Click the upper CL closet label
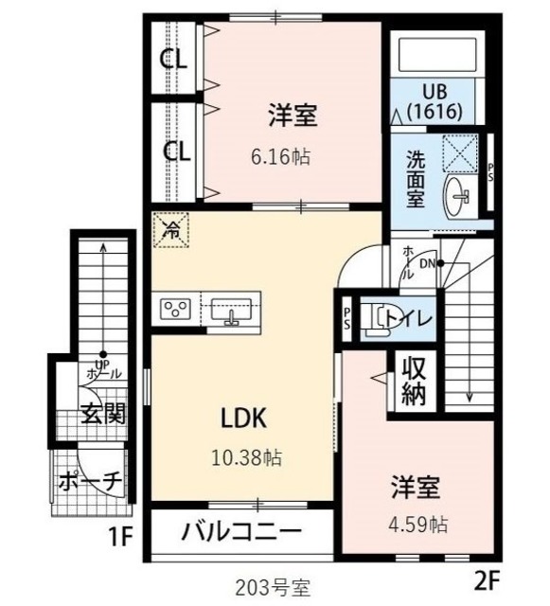[x=173, y=60]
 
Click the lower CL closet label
[x=173, y=151]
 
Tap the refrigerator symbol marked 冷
[x=172, y=229]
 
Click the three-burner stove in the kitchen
[x=177, y=310]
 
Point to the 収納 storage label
[x=414, y=381]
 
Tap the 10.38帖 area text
[x=246, y=458]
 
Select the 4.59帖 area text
[x=416, y=524]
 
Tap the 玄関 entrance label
[x=101, y=414]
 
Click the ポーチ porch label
[x=90, y=481]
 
